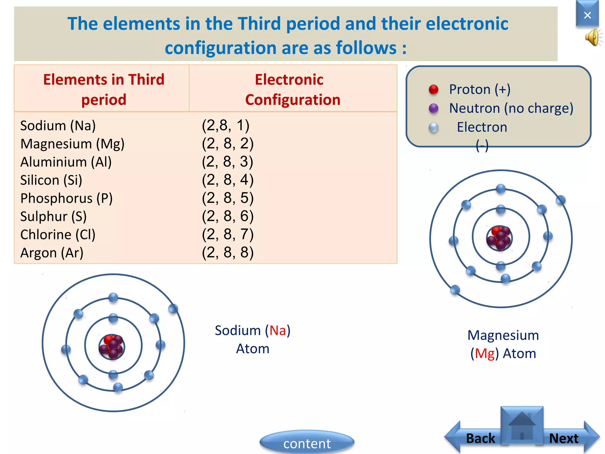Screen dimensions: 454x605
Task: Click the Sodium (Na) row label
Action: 58,126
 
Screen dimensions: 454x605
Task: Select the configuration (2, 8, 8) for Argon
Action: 227,253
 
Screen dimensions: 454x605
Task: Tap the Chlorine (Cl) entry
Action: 58,235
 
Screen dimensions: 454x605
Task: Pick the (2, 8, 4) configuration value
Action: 227,180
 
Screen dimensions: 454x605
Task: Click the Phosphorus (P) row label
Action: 66,198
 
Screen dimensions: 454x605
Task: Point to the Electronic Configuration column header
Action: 292,89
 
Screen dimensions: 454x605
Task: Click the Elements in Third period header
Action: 104,89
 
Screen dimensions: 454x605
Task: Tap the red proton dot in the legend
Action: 433,89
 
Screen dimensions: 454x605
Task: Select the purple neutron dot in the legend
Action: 433,108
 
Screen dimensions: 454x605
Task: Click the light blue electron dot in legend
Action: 433,127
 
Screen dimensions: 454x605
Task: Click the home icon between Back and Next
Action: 522,426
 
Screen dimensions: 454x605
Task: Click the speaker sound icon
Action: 593,38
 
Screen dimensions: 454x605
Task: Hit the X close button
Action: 587,15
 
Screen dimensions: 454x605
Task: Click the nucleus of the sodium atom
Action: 112,347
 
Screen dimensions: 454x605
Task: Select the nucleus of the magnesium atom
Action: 499,238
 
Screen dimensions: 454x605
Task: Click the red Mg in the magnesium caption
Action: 485,354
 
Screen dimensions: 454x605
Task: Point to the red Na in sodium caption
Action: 278,330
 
